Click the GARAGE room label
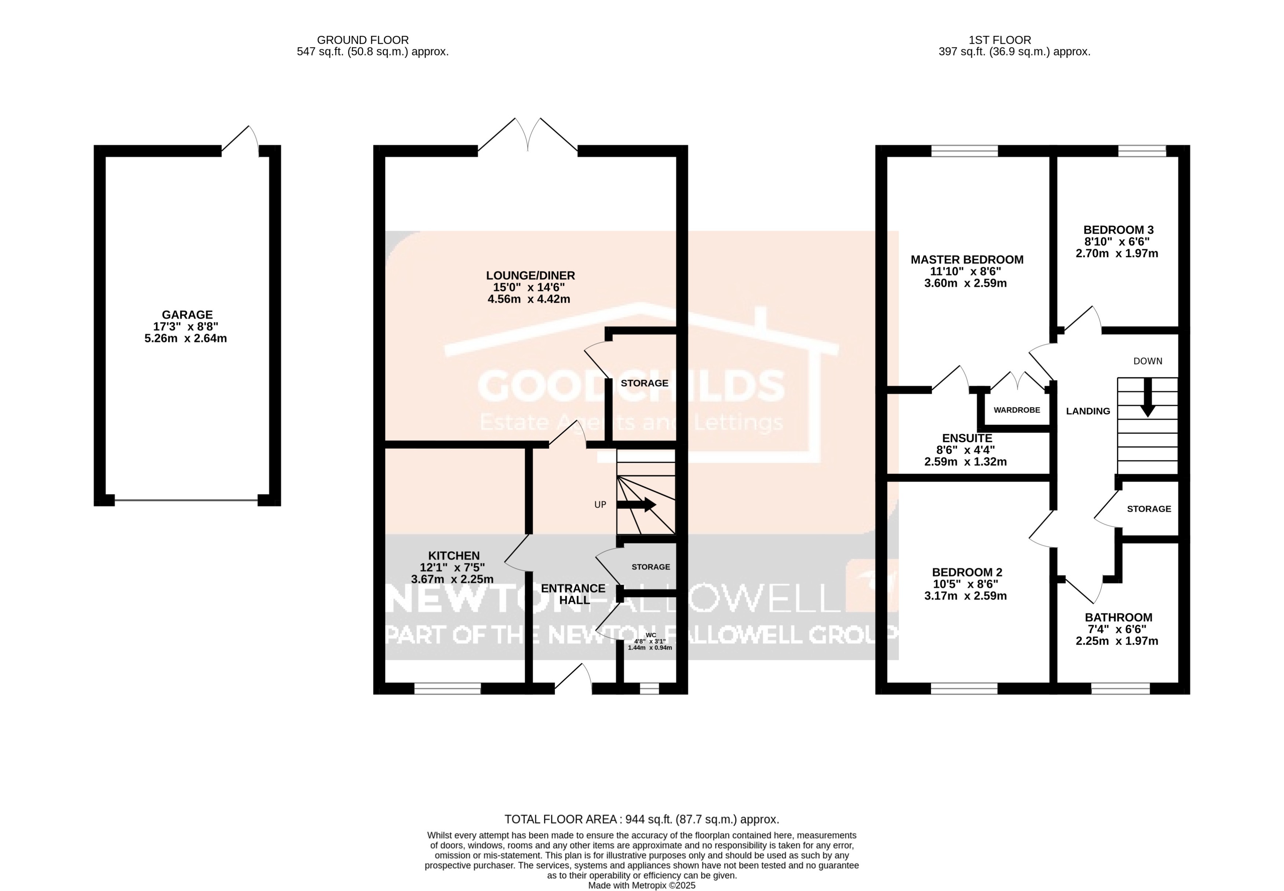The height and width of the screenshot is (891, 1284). tap(187, 315)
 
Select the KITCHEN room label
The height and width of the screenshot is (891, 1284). tap(453, 555)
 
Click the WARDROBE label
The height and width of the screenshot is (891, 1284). tap(1017, 410)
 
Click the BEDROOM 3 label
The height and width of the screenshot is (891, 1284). tap(1118, 230)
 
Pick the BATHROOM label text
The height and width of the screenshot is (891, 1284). tap(1118, 617)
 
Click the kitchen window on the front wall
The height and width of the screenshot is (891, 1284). tap(447, 689)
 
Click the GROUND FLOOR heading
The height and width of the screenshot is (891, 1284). tap(362, 40)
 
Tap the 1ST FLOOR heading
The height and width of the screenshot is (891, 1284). tap(999, 40)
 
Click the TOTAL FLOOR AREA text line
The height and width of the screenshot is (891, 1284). tap(641, 819)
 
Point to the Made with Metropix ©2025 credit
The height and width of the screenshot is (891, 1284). tap(641, 885)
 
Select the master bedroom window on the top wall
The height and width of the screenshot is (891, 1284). tap(964, 151)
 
